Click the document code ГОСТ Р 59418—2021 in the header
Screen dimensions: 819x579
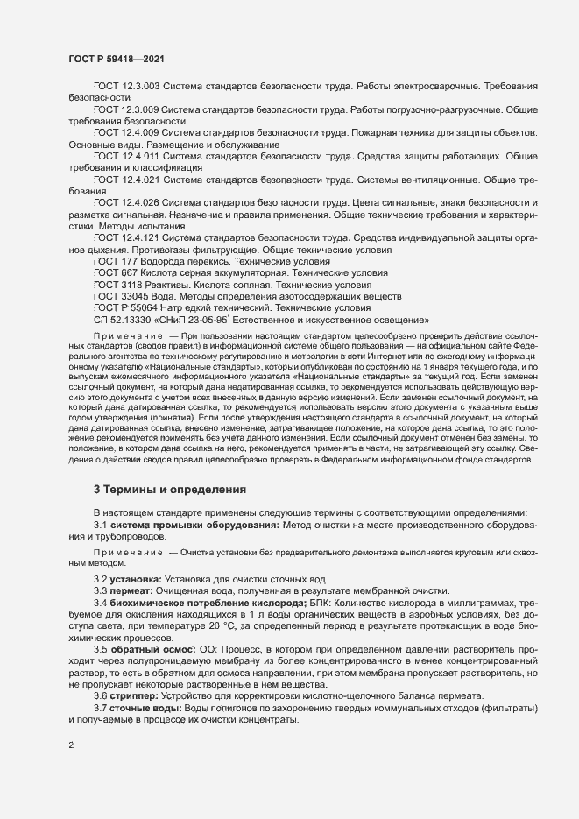pos(113,59)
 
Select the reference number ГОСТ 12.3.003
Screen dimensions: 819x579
pos(126,88)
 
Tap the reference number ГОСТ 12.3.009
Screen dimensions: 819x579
pos(126,111)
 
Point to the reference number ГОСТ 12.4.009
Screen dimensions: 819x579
pos(126,133)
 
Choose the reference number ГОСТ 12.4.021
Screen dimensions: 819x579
pos(126,180)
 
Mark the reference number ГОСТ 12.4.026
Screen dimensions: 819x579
pos(126,203)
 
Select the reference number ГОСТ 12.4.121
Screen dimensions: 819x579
pos(126,238)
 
